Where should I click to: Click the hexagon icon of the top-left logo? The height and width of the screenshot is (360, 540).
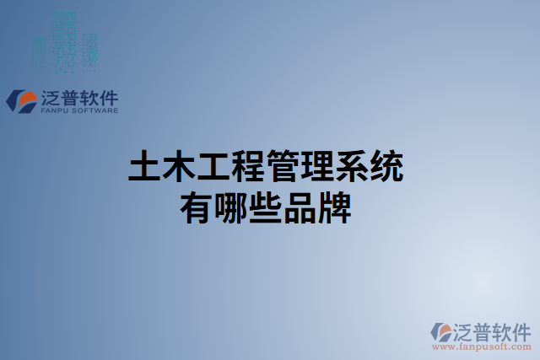20,100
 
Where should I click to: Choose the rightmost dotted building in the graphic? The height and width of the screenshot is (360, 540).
89,51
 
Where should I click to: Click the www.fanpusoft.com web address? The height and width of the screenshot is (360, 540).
481,346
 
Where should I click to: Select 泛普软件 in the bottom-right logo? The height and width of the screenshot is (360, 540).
494,330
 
